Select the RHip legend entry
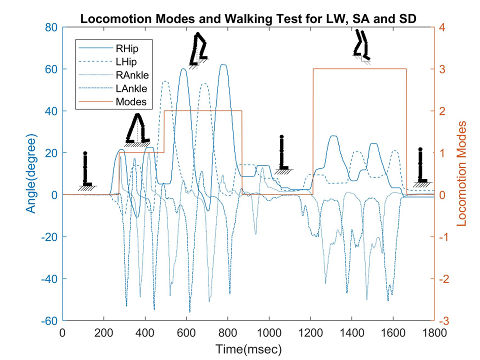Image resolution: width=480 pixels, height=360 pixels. coord(126,49)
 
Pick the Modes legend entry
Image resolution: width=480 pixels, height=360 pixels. coord(130,102)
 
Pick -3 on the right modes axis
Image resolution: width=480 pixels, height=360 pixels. coord(443,320)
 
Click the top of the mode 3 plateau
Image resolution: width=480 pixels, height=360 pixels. coord(360,69)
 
